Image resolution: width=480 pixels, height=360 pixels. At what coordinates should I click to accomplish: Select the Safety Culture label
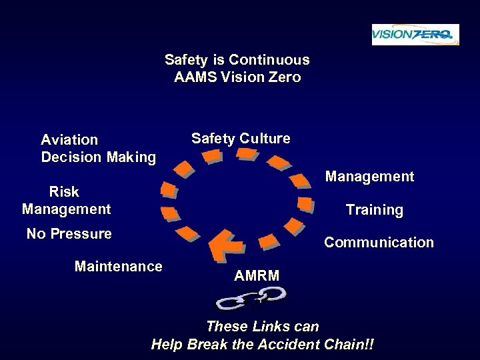tap(241, 139)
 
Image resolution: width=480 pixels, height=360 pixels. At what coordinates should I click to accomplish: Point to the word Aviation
tap(69, 140)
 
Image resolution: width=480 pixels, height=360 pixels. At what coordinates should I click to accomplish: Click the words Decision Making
tap(99, 157)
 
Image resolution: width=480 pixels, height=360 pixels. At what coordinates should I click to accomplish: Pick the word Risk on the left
tap(65, 192)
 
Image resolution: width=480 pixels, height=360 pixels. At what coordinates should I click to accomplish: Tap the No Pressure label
tap(69, 234)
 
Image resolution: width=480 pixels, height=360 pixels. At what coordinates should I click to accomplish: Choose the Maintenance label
tap(119, 267)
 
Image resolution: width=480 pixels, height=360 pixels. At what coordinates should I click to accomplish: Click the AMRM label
tap(257, 275)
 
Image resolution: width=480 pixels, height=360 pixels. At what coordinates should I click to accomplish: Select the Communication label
tap(379, 242)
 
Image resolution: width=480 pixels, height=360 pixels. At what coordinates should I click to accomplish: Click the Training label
tap(374, 210)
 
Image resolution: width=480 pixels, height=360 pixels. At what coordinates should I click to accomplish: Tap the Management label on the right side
tap(369, 177)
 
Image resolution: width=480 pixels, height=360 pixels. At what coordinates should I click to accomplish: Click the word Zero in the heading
tap(285, 77)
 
